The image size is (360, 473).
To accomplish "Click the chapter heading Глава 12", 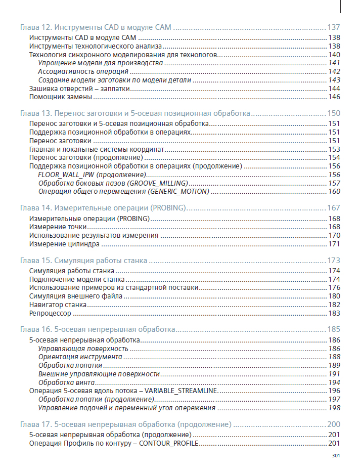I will [96, 27].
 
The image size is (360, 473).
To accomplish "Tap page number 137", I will [334, 27].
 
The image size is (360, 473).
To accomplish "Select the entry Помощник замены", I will [60, 97].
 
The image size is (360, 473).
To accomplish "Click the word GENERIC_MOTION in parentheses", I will [178, 192].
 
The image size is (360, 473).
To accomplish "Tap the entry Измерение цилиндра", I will [64, 244].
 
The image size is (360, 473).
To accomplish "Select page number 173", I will [334, 261].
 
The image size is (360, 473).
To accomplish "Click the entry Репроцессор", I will [50, 314].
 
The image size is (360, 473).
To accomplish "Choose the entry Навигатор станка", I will [58, 305].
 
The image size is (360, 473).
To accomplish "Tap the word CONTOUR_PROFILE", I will [168, 444].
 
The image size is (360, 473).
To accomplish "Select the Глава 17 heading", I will [125, 424].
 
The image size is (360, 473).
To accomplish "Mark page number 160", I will [334, 192].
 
